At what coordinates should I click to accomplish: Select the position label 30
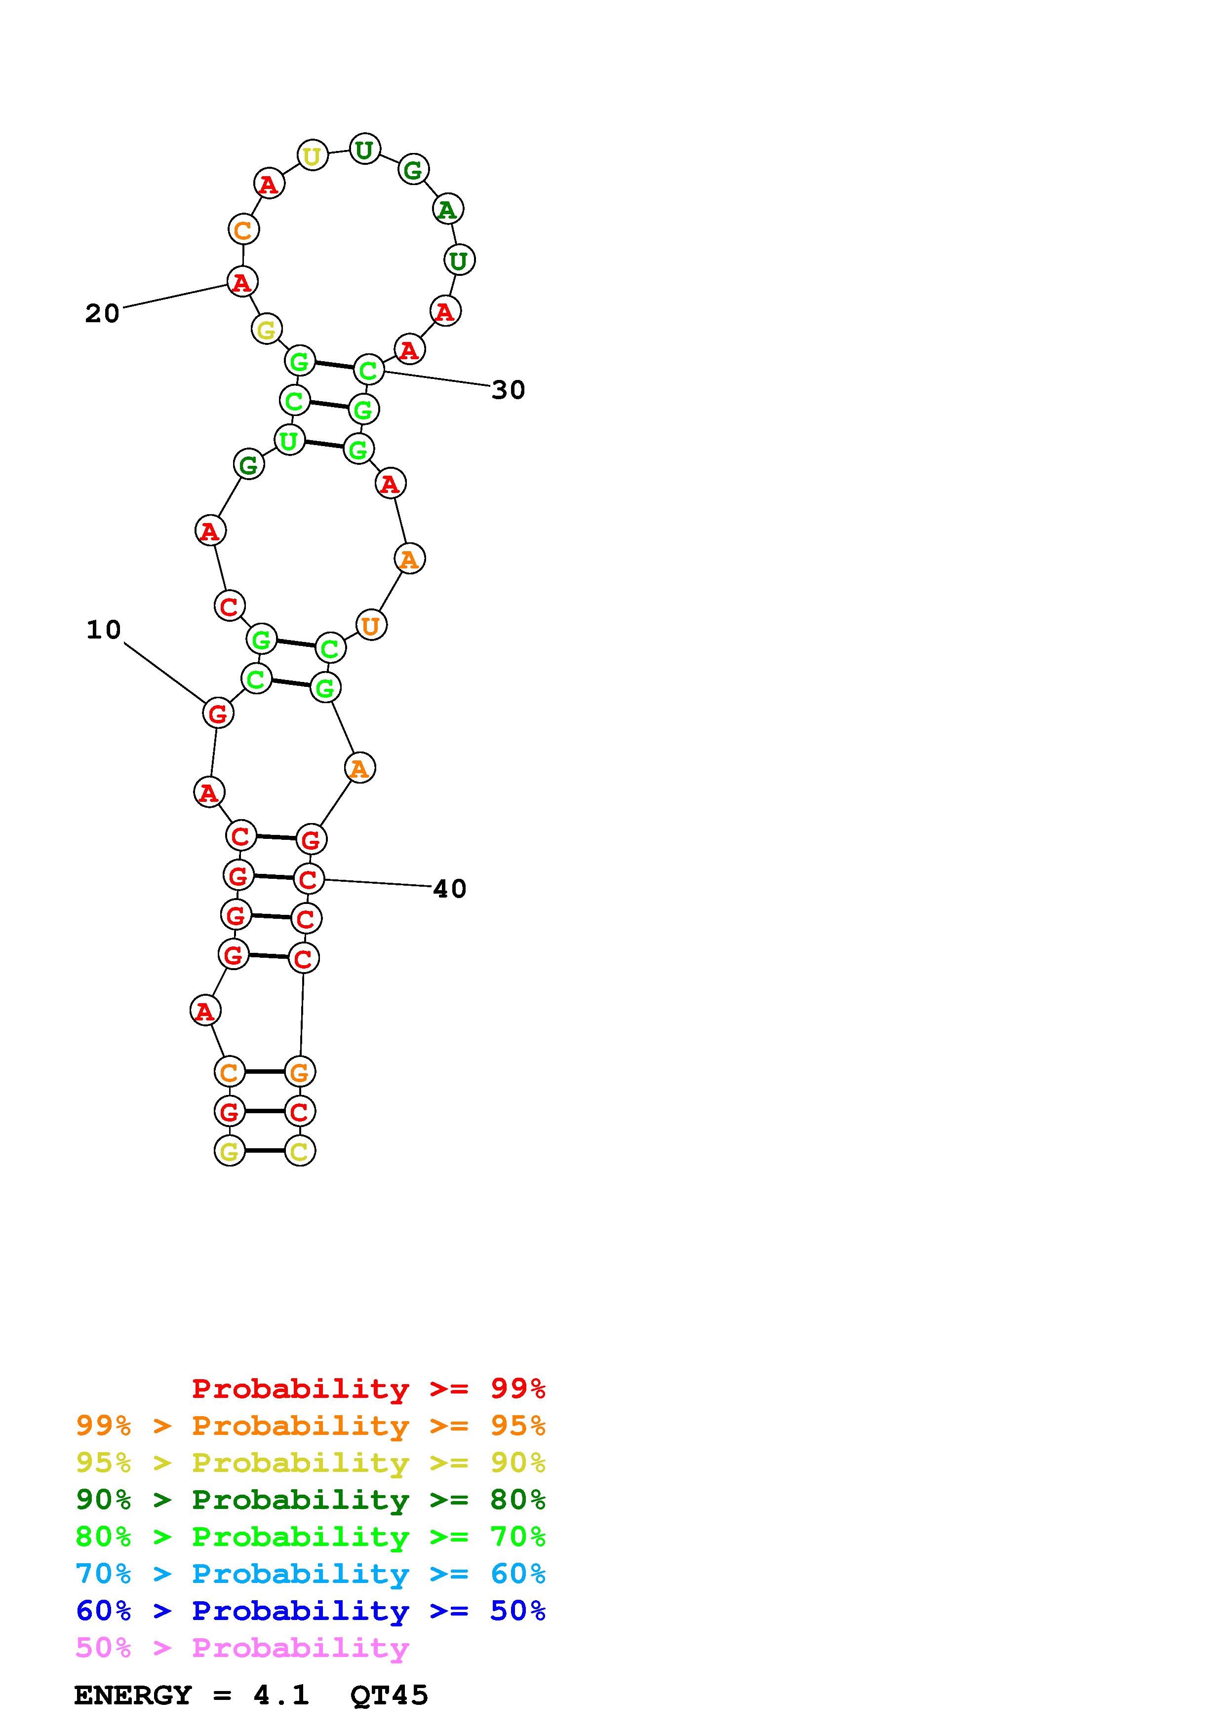point(508,390)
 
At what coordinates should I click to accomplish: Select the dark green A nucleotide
point(448,210)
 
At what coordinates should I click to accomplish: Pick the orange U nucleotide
point(371,626)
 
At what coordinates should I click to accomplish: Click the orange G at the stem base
point(299,1071)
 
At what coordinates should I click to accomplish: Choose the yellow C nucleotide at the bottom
point(299,1151)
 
